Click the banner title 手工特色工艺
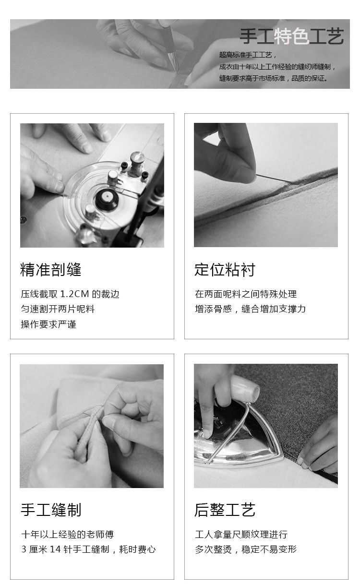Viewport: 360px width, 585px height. (291, 36)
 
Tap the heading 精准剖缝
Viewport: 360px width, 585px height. (51, 270)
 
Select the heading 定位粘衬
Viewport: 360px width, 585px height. (225, 270)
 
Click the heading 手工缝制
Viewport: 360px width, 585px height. (51, 510)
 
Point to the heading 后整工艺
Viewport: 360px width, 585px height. (225, 510)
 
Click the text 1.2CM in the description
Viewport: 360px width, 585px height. (75, 294)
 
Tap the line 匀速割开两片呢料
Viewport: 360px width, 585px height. (58, 309)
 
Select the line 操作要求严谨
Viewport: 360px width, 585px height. (48, 324)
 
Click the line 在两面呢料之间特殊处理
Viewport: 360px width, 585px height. (246, 294)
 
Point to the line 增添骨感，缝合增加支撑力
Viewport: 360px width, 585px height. (250, 309)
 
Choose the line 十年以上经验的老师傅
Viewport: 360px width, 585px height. (67, 534)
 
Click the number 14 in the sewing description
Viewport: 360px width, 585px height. (55, 549)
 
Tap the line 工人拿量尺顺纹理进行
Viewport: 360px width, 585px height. (241, 534)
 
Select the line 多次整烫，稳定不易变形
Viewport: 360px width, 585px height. (246, 549)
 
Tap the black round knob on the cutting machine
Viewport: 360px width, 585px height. (107, 199)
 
